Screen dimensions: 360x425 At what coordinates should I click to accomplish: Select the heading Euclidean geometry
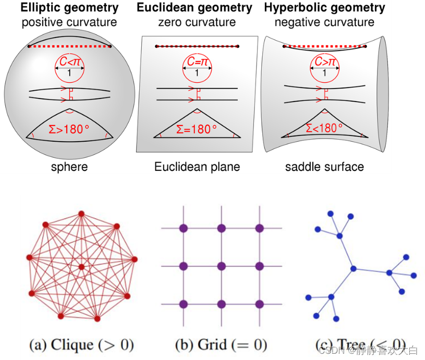(195, 8)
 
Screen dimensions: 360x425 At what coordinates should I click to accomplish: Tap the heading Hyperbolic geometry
(324, 8)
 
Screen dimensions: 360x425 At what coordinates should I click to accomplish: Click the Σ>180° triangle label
(69, 129)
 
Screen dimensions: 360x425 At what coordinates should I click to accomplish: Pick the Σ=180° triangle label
(197, 129)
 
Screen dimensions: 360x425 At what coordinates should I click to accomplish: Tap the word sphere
(69, 167)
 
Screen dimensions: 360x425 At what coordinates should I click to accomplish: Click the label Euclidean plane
(197, 167)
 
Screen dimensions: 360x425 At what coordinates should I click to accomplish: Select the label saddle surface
(324, 167)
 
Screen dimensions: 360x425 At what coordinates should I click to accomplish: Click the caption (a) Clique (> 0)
(81, 344)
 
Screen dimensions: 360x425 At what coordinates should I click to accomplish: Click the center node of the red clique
(81, 267)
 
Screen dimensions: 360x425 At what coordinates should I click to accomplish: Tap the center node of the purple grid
(221, 266)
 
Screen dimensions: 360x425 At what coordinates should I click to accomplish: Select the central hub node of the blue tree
(354, 268)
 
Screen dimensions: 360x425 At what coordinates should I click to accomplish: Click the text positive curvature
(69, 22)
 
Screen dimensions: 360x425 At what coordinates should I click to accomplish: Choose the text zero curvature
(197, 22)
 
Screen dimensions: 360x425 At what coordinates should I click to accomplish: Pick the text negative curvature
(324, 22)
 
